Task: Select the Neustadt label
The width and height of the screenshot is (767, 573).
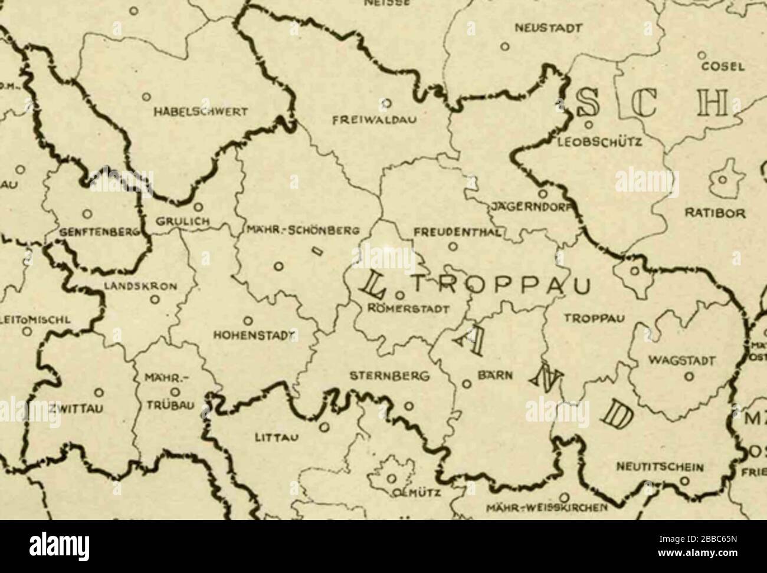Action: point(548,28)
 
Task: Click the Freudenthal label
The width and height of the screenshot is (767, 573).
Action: point(458,232)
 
